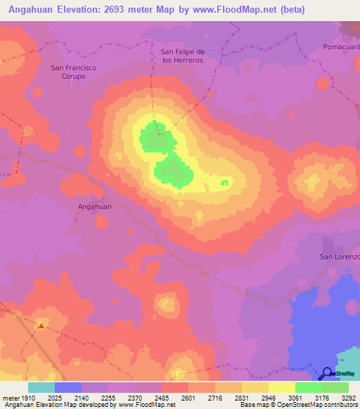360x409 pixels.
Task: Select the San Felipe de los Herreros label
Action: (182, 56)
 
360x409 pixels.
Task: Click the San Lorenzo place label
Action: (340, 257)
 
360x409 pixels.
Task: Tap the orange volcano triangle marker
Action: (41, 325)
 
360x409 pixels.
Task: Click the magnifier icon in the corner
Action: (328, 374)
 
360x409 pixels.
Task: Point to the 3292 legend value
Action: (349, 398)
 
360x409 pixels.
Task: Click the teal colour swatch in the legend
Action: (41, 387)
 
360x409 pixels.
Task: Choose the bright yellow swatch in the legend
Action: (281, 387)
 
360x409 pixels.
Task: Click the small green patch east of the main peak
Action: (224, 183)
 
